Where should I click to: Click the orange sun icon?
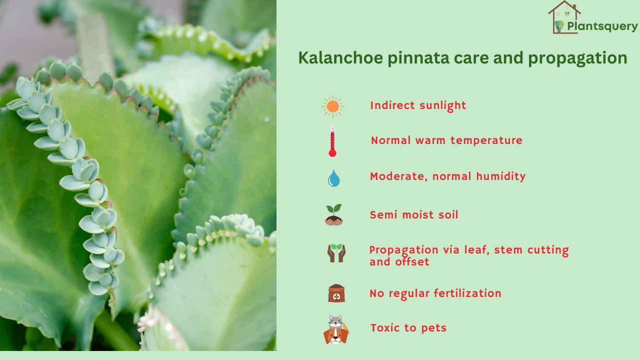(x=332, y=106)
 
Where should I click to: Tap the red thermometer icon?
(x=332, y=141)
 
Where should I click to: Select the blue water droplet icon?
(x=333, y=177)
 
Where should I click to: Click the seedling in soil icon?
(x=333, y=215)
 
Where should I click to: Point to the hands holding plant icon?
(x=336, y=253)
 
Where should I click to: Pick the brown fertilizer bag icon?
(x=336, y=293)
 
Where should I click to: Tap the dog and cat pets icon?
(x=336, y=329)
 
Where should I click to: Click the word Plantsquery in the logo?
(x=602, y=26)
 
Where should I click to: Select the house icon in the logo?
(x=563, y=17)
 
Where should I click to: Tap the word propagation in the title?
(x=577, y=58)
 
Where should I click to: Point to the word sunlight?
(x=443, y=105)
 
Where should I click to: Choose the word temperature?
(x=486, y=140)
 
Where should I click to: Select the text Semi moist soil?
(x=414, y=215)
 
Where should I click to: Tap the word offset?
(x=412, y=261)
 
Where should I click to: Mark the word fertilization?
(x=467, y=293)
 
